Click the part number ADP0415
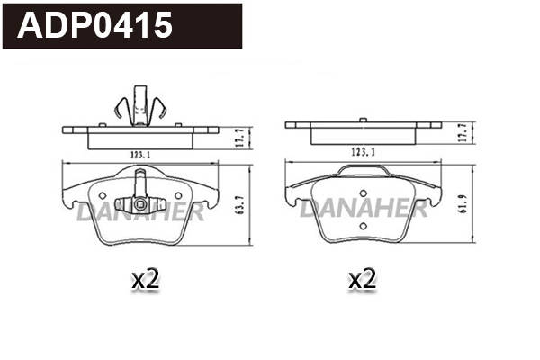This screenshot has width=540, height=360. (x=95, y=26)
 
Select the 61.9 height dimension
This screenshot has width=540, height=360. (x=465, y=203)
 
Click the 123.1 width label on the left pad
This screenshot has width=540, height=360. (x=139, y=154)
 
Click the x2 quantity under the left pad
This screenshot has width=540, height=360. (x=145, y=279)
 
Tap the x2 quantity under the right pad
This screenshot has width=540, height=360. (x=362, y=279)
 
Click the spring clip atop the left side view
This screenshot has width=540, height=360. (x=139, y=104)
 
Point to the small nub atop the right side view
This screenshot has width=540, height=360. (x=362, y=120)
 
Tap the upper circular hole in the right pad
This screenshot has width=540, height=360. (x=362, y=194)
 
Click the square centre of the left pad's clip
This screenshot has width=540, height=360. (x=139, y=198)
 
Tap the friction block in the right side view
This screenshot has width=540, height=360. (x=362, y=136)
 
